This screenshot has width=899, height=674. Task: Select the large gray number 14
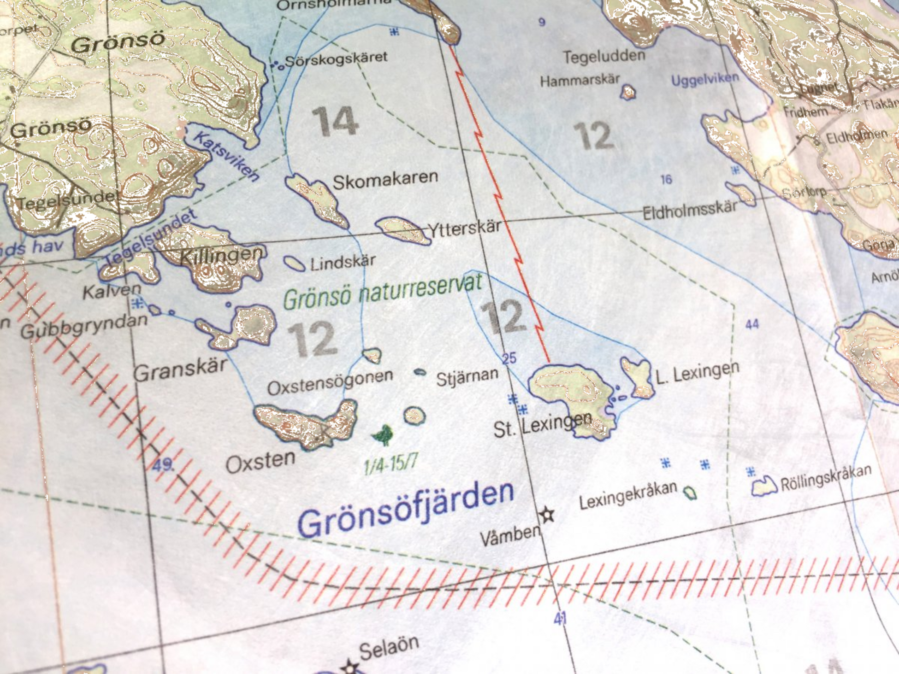tap(335, 121)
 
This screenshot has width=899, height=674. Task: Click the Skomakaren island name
tap(385, 180)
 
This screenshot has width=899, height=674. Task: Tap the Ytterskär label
tap(464, 228)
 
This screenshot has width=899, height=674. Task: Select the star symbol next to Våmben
tap(547, 514)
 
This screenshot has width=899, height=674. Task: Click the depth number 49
tap(162, 464)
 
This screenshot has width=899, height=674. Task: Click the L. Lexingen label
tap(698, 372)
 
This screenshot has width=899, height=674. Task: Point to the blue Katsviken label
tap(226, 156)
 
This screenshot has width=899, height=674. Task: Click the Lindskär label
tap(343, 263)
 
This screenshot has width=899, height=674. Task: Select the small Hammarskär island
tap(628, 92)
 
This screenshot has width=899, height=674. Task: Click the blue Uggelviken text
tap(704, 79)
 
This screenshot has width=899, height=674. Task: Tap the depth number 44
tap(752, 324)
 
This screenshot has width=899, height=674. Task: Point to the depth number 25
tap(509, 358)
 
